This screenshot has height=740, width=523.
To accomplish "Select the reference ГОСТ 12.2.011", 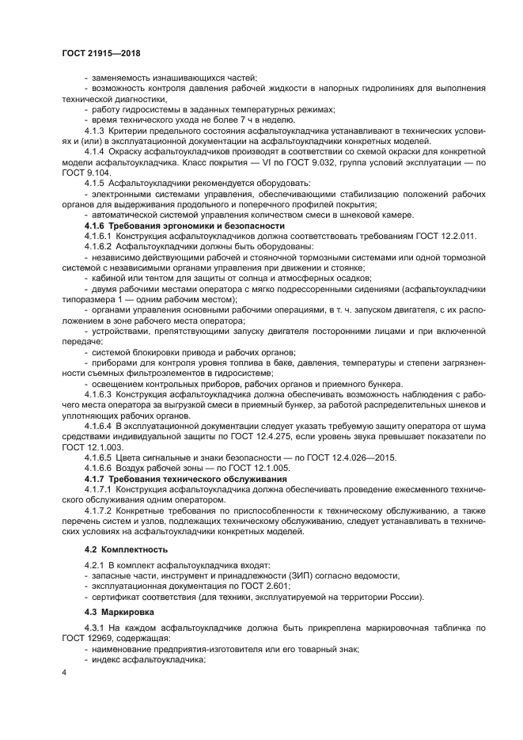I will point(437,236).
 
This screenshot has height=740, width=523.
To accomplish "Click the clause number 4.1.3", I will point(95,128).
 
